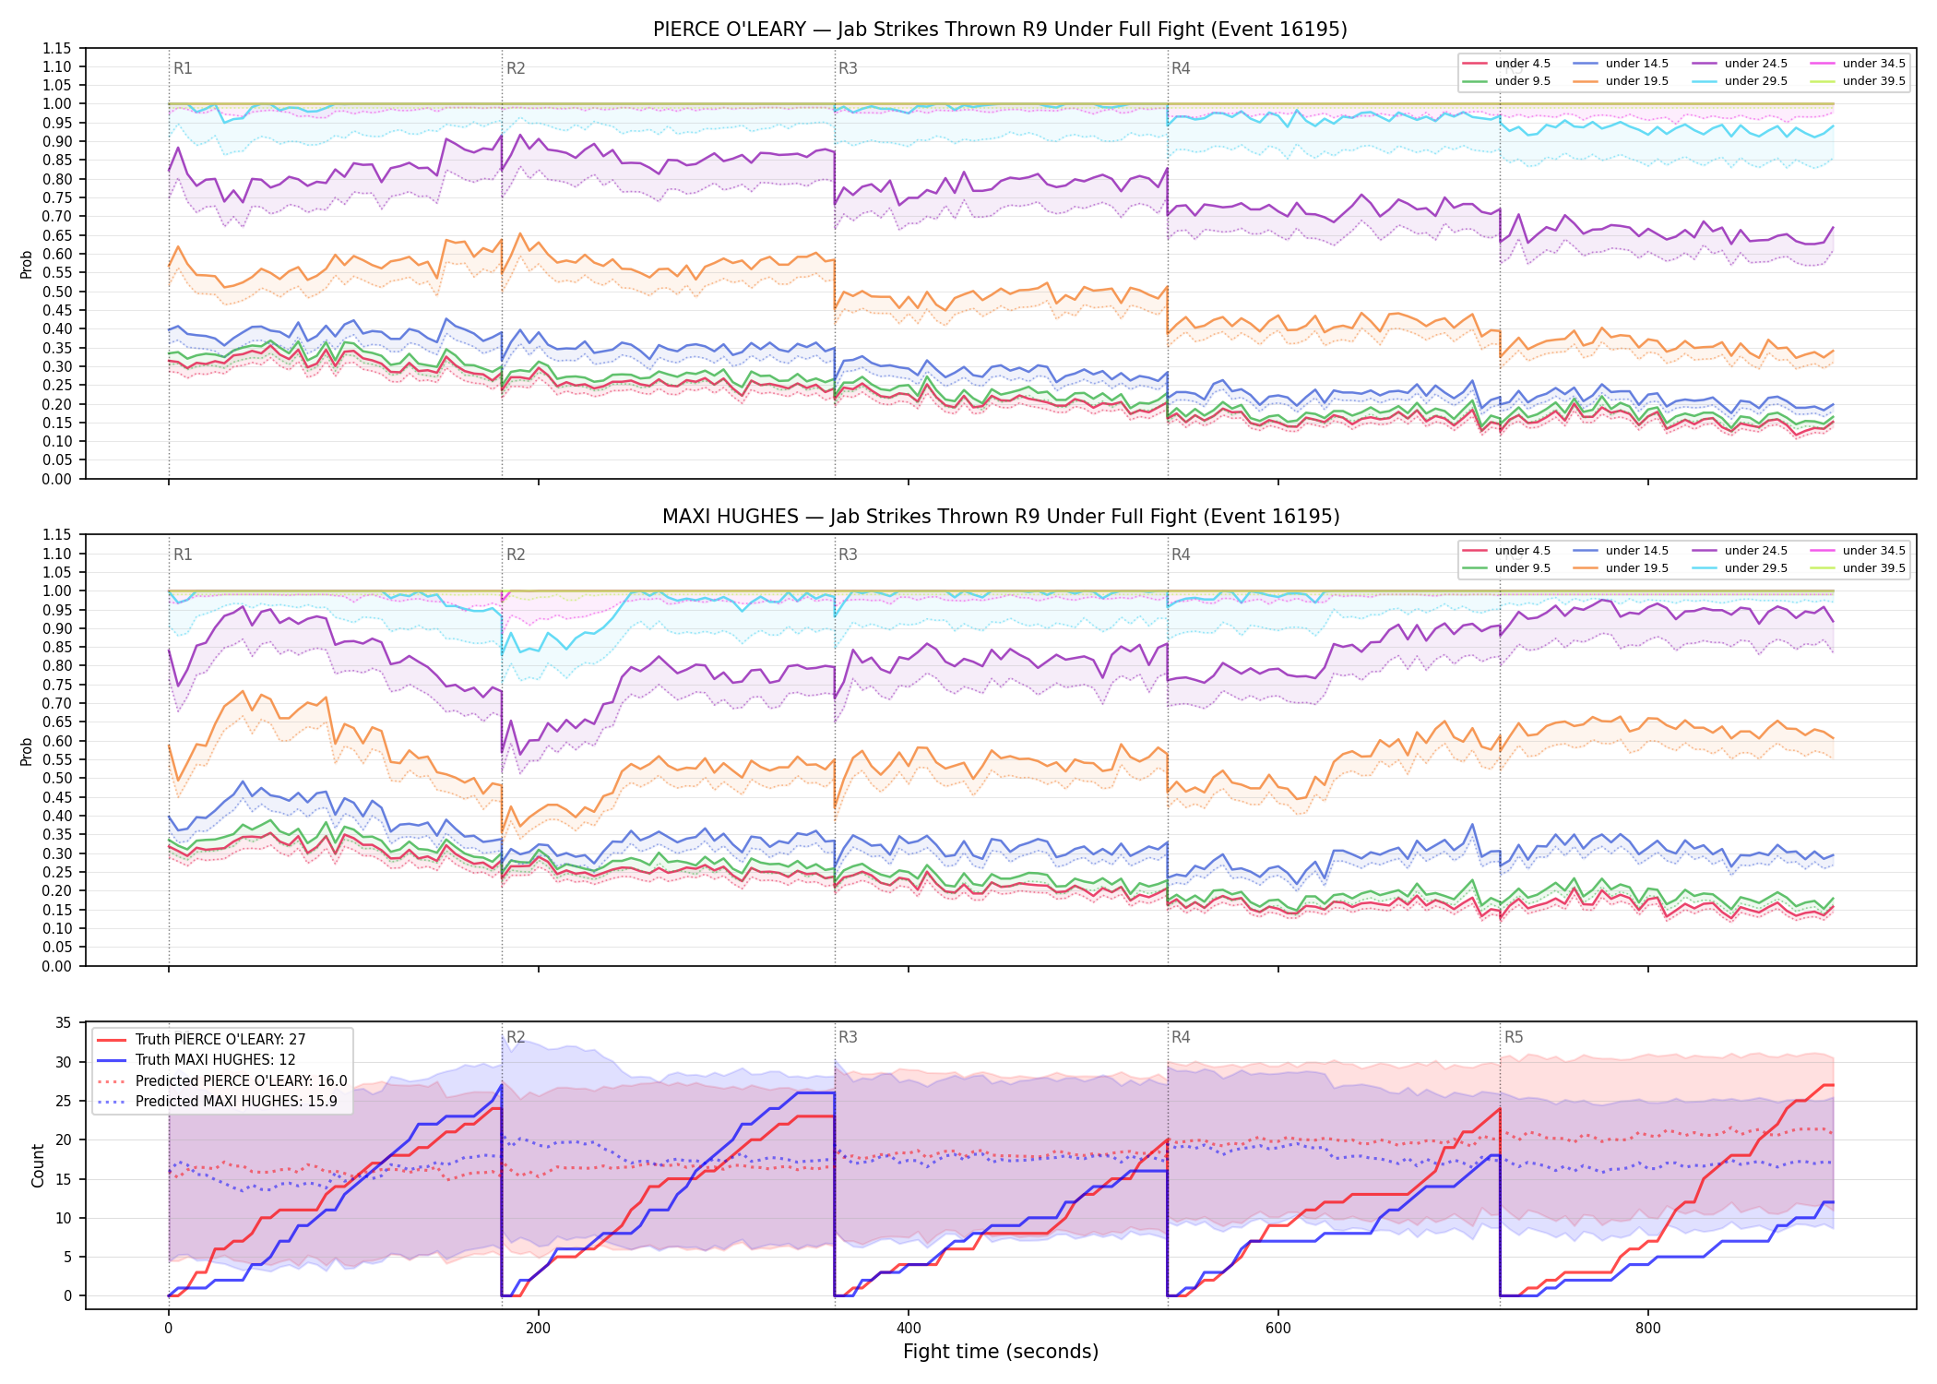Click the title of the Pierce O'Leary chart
tap(1000, 30)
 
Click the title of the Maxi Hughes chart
tap(1000, 517)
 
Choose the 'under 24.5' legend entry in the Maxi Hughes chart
tap(1740, 551)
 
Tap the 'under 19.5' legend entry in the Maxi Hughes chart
tap(1621, 568)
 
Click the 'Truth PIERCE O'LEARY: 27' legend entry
tap(201, 1040)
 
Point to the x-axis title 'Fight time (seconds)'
tap(1001, 1352)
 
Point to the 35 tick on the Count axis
tap(64, 1023)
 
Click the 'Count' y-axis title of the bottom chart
tap(38, 1165)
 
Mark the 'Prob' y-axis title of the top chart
tap(26, 264)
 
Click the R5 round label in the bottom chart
tap(1514, 1037)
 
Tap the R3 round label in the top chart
tap(848, 68)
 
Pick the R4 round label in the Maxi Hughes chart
tap(1181, 555)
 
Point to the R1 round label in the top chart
tap(183, 68)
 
